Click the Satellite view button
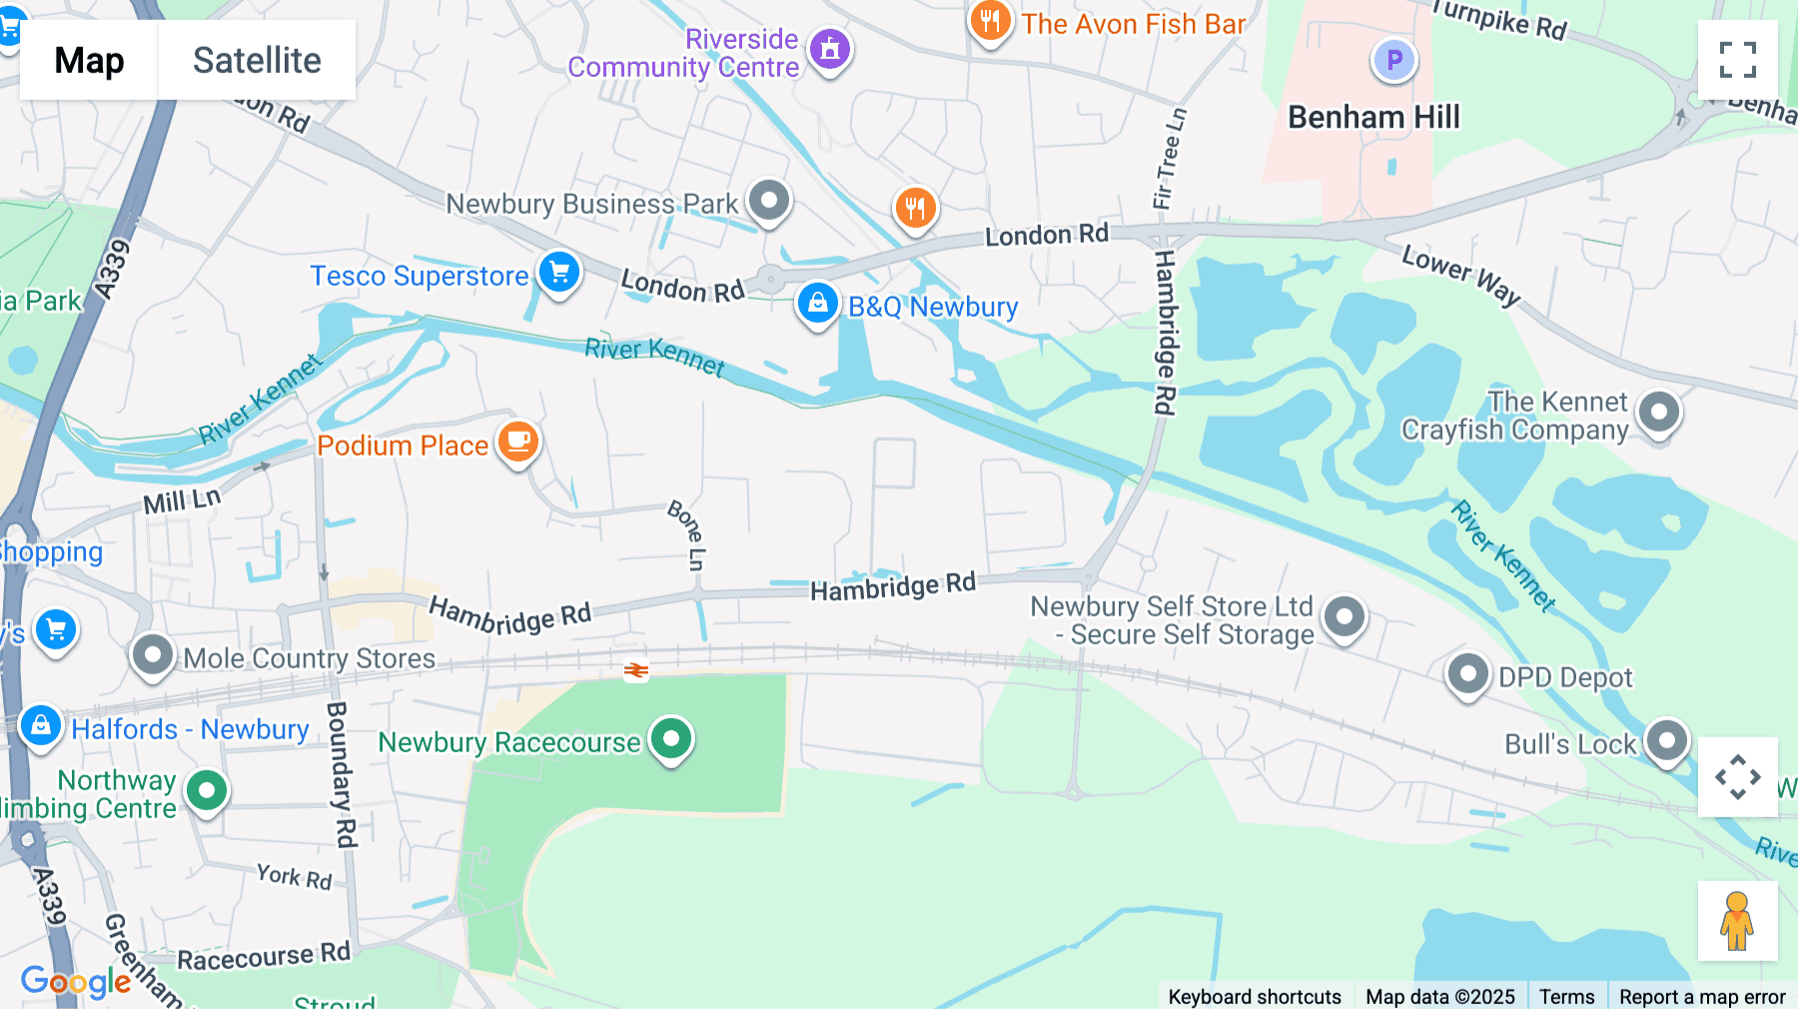pyautogui.click(x=257, y=60)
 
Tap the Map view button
pyautogui.click(x=89, y=60)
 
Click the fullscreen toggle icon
pyautogui.click(x=1737, y=60)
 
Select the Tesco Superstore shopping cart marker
pyautogui.click(x=559, y=272)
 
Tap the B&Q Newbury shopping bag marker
pyautogui.click(x=817, y=303)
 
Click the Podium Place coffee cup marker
pyautogui.click(x=518, y=441)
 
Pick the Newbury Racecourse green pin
pyautogui.click(x=671, y=739)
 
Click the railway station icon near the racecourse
pyautogui.click(x=636, y=670)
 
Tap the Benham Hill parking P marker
pyautogui.click(x=1393, y=60)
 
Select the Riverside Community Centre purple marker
pyautogui.click(x=829, y=48)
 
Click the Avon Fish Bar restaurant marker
pyautogui.click(x=989, y=20)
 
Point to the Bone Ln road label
pyautogui.click(x=687, y=534)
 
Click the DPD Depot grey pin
pyautogui.click(x=1467, y=673)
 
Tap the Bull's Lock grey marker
pyautogui.click(x=1666, y=740)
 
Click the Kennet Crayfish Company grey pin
pyautogui.click(x=1659, y=412)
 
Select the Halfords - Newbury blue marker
pyautogui.click(x=41, y=725)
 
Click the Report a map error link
pyautogui.click(x=1701, y=996)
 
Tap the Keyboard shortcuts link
pyautogui.click(x=1255, y=996)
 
